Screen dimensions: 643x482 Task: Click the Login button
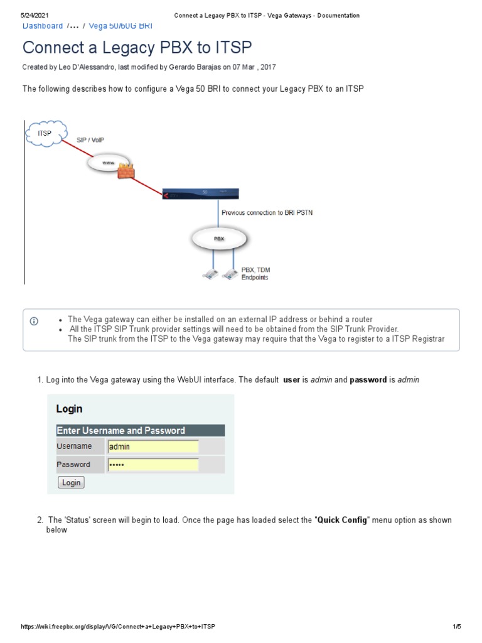(71, 482)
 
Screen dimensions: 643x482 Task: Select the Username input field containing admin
(153, 446)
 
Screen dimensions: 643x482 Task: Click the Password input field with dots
(153, 465)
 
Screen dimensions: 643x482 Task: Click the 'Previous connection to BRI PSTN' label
(267, 213)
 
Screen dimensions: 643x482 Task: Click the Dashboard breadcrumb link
(43, 26)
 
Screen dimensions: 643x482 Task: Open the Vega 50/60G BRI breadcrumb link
(120, 26)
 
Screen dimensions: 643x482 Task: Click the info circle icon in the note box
(34, 321)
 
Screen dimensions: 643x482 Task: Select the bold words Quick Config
(343, 521)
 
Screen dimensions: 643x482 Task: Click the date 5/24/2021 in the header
(35, 15)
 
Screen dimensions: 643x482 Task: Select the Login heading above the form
(69, 409)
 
